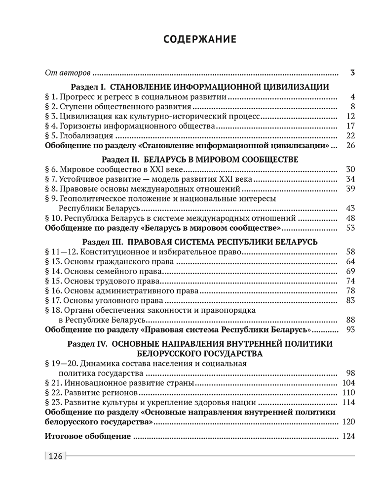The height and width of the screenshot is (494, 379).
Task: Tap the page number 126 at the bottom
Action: pos(55,456)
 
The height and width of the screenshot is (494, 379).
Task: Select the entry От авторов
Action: pos(68,73)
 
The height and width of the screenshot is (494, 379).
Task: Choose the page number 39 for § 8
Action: pos(351,189)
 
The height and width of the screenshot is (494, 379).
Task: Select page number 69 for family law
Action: pos(351,271)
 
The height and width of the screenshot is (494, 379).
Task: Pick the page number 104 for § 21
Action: pos(348,383)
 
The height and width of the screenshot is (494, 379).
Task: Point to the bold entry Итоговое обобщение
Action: pos(88,436)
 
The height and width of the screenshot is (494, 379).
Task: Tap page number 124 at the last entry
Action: pos(348,436)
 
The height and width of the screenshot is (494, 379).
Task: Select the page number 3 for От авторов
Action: pos(352,73)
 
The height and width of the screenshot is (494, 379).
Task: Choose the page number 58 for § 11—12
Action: pos(351,251)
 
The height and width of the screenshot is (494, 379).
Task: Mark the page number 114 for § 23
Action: pos(348,403)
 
